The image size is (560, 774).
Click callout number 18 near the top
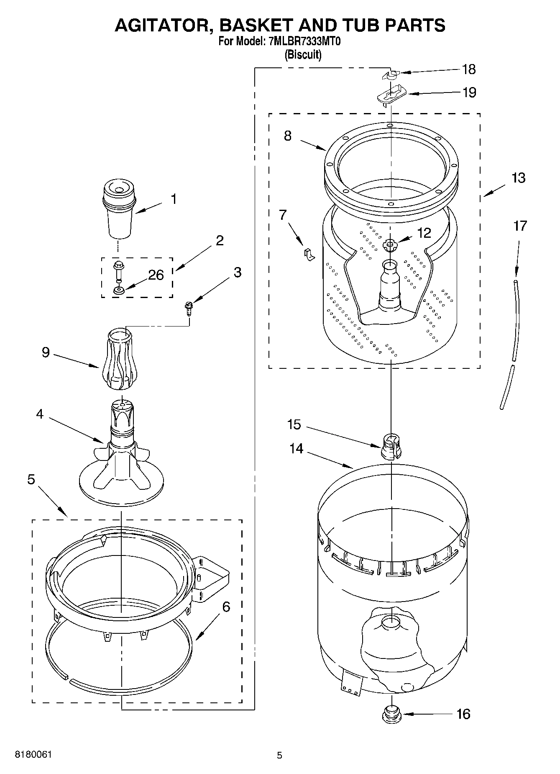tap(469, 69)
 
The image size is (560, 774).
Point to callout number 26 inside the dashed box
tap(156, 275)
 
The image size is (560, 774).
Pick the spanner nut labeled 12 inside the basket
tap(389, 245)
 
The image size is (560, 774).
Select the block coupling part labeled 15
tap(391, 446)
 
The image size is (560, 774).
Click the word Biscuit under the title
tap(303, 55)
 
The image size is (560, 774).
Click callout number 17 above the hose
tap(520, 226)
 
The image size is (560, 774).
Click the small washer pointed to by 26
tap(118, 291)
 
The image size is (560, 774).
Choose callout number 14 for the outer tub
tap(296, 448)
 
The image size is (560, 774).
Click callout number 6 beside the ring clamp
tap(226, 607)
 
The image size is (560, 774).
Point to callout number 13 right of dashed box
tap(518, 177)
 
